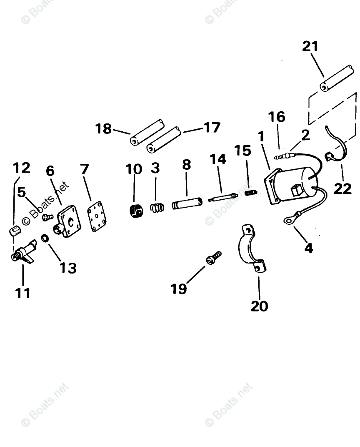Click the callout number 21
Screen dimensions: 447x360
click(310, 47)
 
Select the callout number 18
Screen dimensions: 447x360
click(103, 129)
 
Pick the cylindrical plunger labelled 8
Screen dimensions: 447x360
click(187, 204)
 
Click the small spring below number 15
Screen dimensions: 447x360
click(250, 193)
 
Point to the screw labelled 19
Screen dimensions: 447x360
click(213, 257)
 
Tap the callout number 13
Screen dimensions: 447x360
click(67, 268)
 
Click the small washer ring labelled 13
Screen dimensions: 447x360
click(45, 239)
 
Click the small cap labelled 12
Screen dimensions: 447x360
click(15, 230)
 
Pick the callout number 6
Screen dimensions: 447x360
click(50, 171)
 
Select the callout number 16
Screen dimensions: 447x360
click(277, 117)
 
